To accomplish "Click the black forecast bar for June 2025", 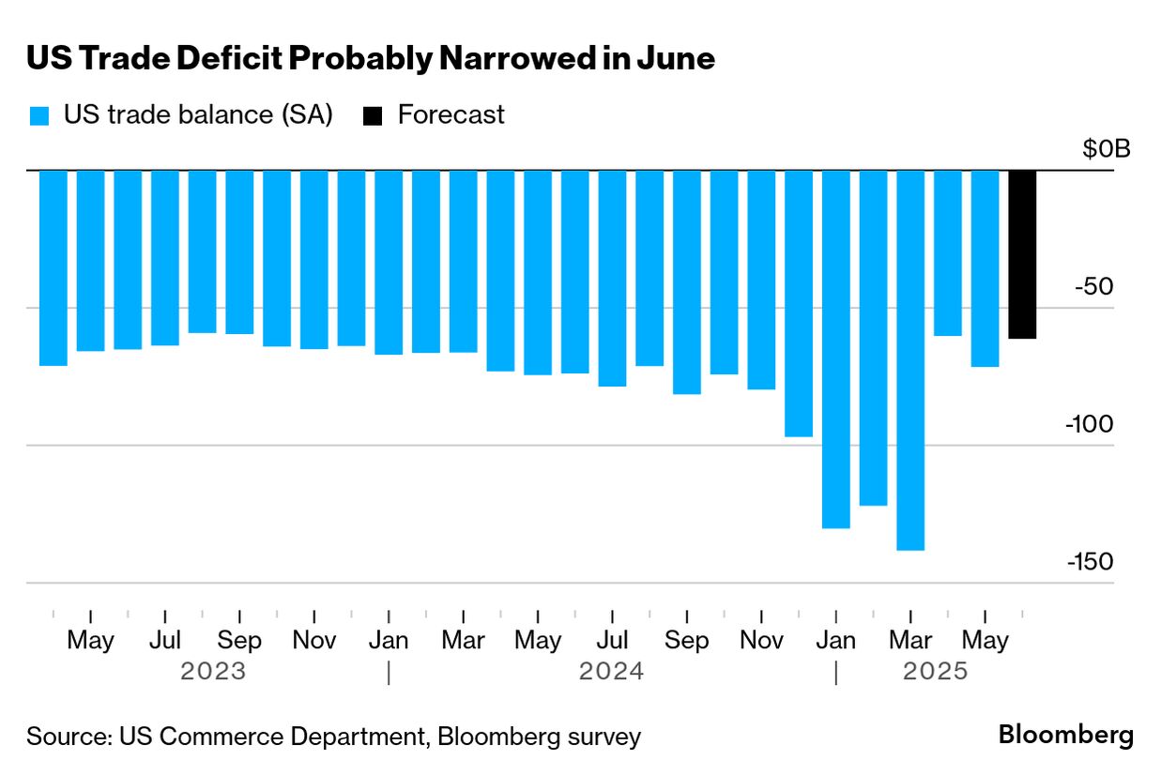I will pos(1022,254).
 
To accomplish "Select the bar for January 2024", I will pos(389,262).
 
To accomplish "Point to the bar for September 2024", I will pos(687,281).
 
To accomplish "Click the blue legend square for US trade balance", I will pos(38,116).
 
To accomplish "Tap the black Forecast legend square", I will pos(374,116).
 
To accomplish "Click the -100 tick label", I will pos(1089,424).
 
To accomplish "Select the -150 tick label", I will pos(1089,561).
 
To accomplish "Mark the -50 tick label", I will pos(1093,286).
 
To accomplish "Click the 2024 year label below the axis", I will pos(611,672).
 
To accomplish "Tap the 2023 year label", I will pos(213,672).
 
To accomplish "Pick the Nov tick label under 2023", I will pos(313,641).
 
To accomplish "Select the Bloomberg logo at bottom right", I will pos(1065,735).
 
